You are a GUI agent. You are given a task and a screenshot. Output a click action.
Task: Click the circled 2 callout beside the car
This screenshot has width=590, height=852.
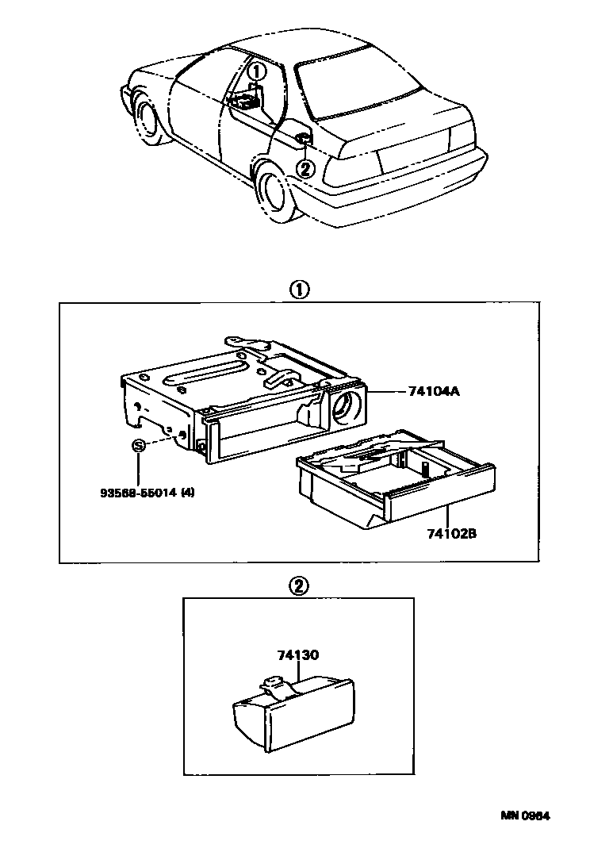306,168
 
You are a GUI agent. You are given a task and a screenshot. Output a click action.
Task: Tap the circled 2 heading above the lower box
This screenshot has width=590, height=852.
299,586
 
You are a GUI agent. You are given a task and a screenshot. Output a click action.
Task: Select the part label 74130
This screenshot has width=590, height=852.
298,655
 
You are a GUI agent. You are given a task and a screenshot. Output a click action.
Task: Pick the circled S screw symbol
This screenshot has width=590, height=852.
138,446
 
